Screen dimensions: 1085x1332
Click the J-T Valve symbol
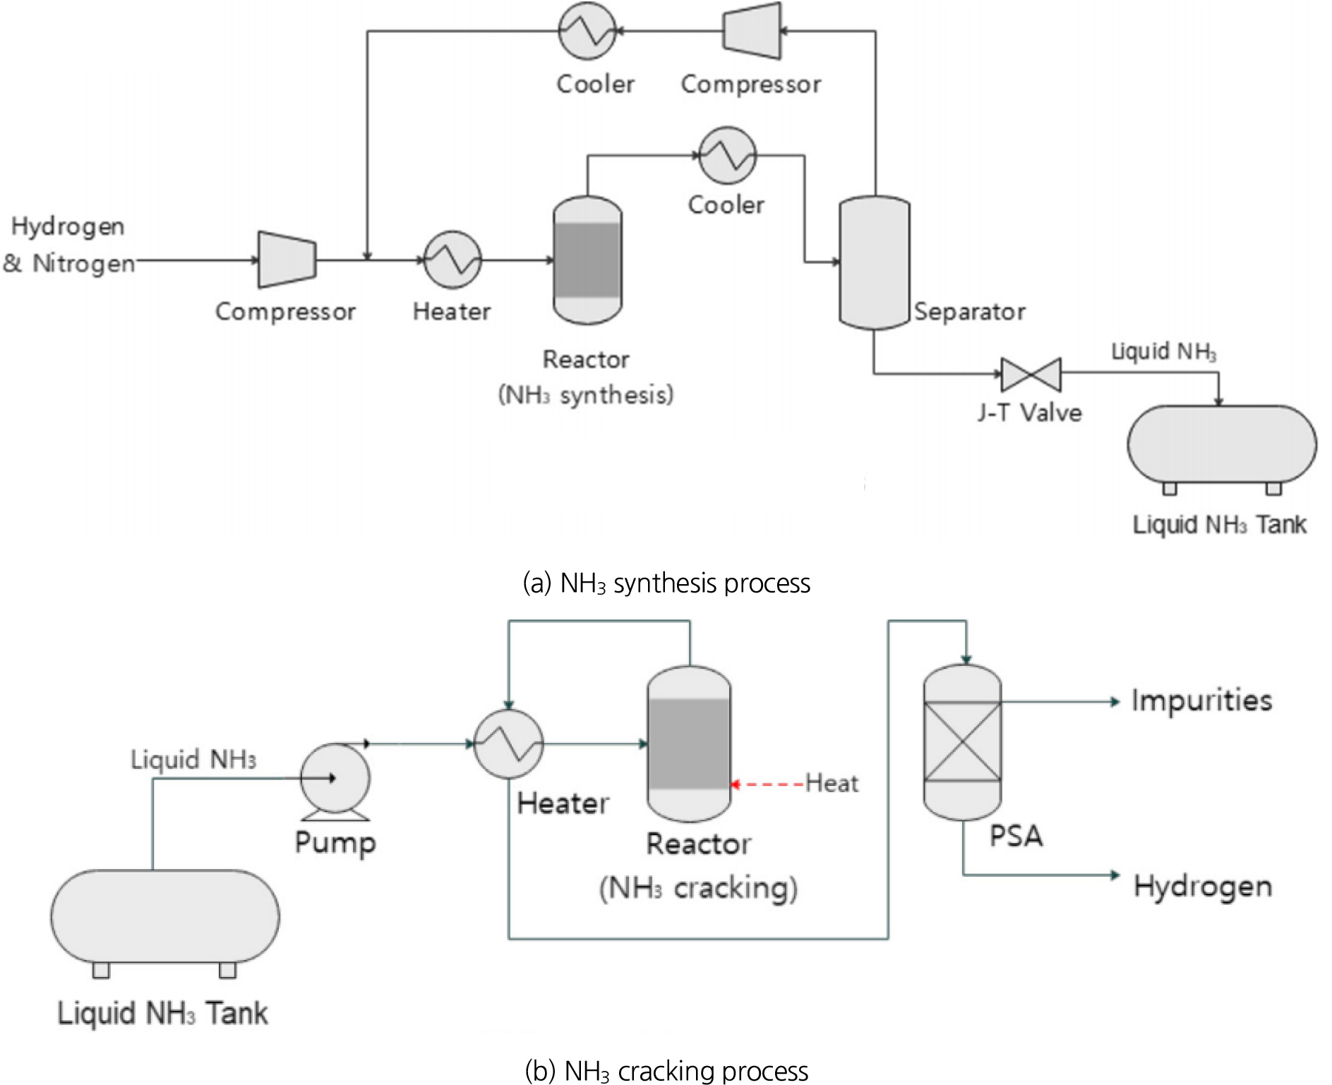point(1031,375)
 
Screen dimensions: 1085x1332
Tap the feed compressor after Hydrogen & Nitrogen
point(287,260)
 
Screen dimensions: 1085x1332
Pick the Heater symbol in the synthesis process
point(452,260)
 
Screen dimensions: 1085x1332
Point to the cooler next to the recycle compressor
point(587,30)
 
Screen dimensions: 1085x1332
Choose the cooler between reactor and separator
point(727,155)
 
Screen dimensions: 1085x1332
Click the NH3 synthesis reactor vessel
point(587,260)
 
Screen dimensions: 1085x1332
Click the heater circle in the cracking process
point(508,744)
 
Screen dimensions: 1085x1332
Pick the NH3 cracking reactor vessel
point(689,744)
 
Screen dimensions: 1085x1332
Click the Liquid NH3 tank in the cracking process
point(164,916)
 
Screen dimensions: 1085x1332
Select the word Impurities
point(1201,701)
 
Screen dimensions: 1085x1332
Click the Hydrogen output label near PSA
point(1203,886)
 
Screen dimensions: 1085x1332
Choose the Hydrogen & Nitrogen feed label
point(68,245)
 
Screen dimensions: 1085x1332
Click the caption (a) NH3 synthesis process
point(666,583)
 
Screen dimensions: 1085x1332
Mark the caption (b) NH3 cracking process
point(666,1071)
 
